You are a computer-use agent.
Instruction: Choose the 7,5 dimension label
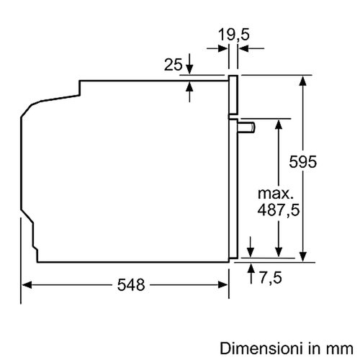coord(273,276)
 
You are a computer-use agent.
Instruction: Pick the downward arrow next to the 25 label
coord(189,68)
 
